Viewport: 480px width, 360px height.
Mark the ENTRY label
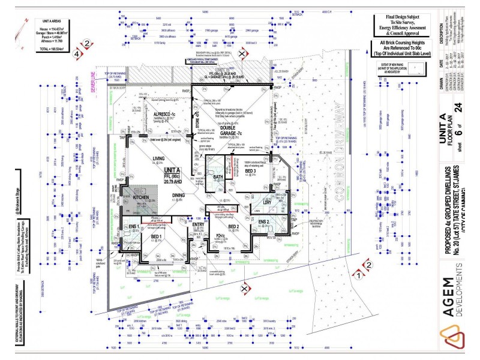(x=198, y=224)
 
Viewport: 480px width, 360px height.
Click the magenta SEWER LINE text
(x=94, y=82)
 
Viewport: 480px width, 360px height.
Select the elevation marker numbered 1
(x=358, y=276)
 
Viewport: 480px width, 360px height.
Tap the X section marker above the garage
(x=242, y=55)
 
